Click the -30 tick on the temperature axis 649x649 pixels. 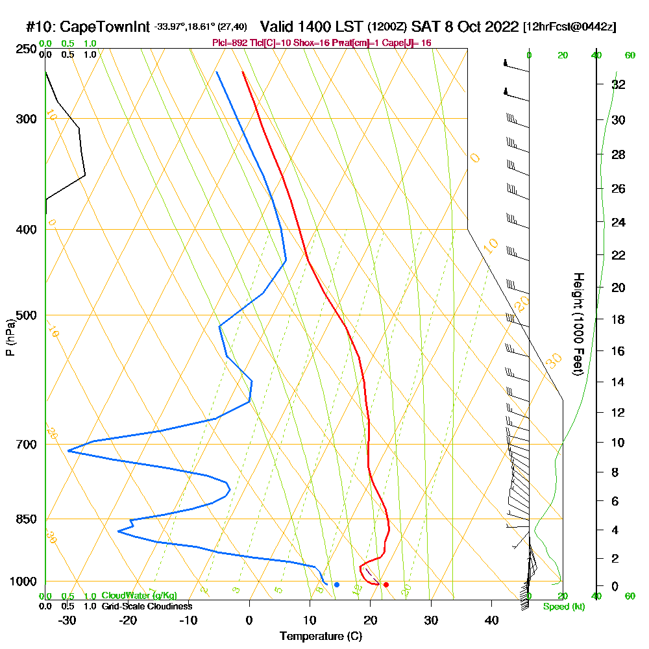tap(67, 620)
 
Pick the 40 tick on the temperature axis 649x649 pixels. tap(491, 620)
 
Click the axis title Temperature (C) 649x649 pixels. tap(321, 637)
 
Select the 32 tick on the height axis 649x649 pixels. tap(618, 84)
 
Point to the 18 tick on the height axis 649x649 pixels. tap(618, 319)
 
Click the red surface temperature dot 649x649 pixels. tap(386, 585)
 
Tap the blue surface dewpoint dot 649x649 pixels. tap(337, 585)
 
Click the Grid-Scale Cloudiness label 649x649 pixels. tap(146, 606)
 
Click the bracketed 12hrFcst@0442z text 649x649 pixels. tap(569, 27)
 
